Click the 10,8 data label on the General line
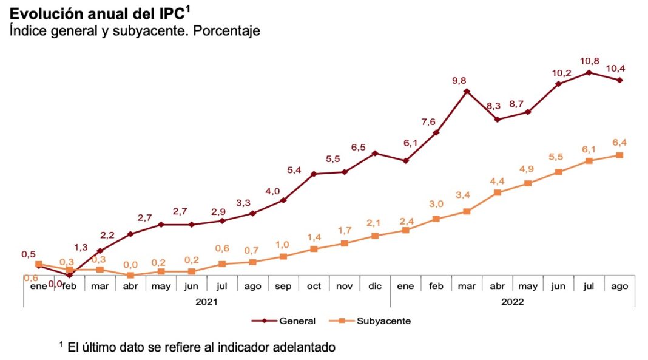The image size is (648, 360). pos(590,61)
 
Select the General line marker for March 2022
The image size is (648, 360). pos(467,92)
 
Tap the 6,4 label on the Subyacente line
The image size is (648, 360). pos(619,143)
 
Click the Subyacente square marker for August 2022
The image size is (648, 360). pos(619,155)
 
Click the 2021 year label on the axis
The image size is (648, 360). pos(206,301)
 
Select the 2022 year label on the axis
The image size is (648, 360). pos(513,301)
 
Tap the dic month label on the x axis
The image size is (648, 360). pos(375,285)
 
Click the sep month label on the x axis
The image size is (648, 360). pos(283,285)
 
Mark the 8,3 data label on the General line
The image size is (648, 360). pos(493,106)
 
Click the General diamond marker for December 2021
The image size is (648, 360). pos(375,153)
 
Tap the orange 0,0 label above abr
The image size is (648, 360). pos(130,264)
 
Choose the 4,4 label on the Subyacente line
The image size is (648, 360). pos(498,180)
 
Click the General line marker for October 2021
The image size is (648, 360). pos(314,174)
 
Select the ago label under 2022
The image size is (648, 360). pos(619,285)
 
